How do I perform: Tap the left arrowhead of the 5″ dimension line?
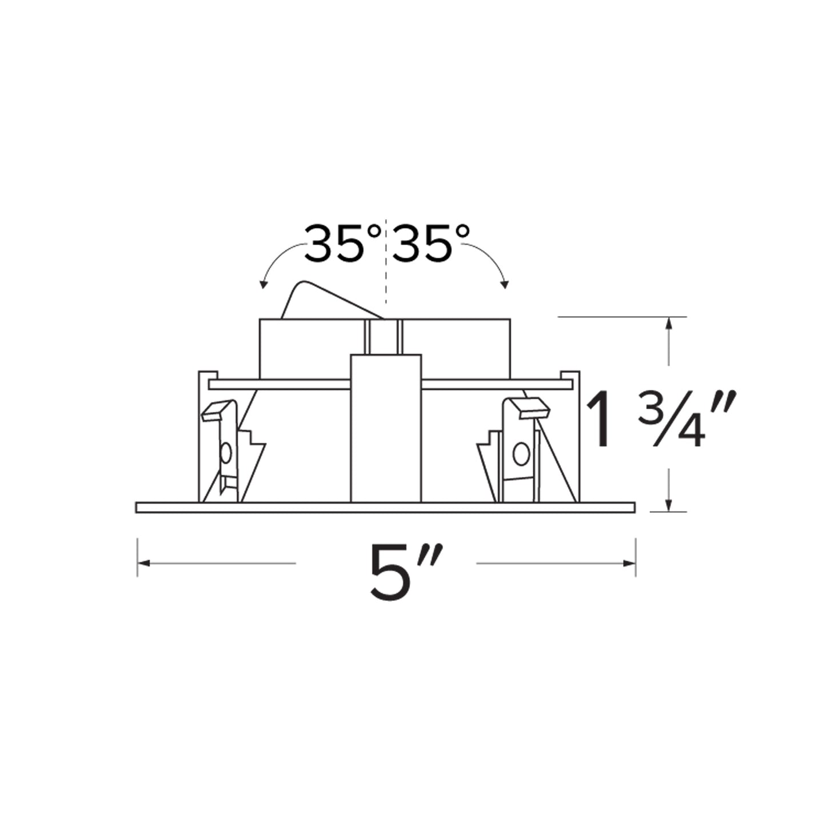pyautogui.click(x=143, y=563)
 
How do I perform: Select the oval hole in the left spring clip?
pyautogui.click(x=226, y=454)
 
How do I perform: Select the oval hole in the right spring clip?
pyautogui.click(x=520, y=454)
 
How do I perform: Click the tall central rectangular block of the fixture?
pyautogui.click(x=386, y=429)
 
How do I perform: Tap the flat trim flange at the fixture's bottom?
pyautogui.click(x=386, y=507)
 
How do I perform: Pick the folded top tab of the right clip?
pyautogui.click(x=530, y=407)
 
